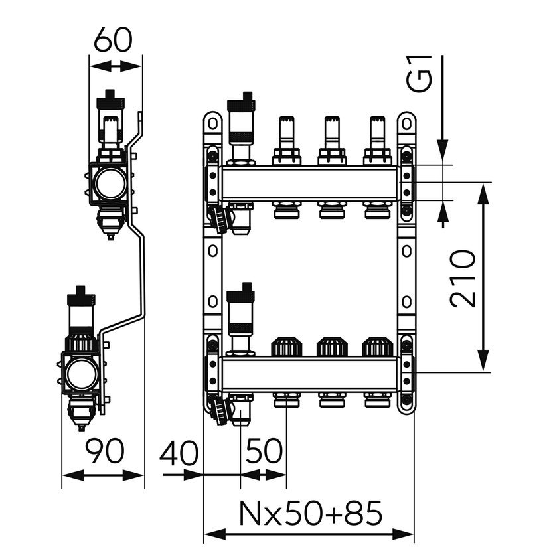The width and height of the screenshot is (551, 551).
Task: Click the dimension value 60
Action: pyautogui.click(x=112, y=41)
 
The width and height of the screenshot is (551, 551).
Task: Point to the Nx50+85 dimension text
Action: pyautogui.click(x=310, y=513)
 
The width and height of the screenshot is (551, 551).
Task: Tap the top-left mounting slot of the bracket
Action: pyautogui.click(x=212, y=123)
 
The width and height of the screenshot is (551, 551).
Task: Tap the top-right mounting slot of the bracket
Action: pyautogui.click(x=406, y=123)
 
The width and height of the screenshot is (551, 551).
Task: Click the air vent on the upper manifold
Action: pyautogui.click(x=240, y=126)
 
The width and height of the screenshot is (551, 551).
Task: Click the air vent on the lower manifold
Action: pyautogui.click(x=240, y=315)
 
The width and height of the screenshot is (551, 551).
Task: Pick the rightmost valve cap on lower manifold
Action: pyautogui.click(x=375, y=346)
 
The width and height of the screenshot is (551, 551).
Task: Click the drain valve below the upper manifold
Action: pyautogui.click(x=219, y=217)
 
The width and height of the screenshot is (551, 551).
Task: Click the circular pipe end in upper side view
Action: pyautogui.click(x=109, y=185)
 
